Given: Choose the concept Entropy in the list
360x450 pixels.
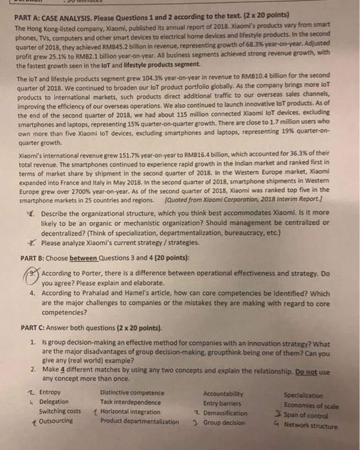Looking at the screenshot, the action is tap(50, 392).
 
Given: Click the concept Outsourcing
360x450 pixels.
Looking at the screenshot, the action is tap(57, 421).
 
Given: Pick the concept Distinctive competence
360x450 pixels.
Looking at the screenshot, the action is tap(132, 392).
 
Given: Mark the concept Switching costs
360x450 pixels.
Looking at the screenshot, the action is tap(60, 411).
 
